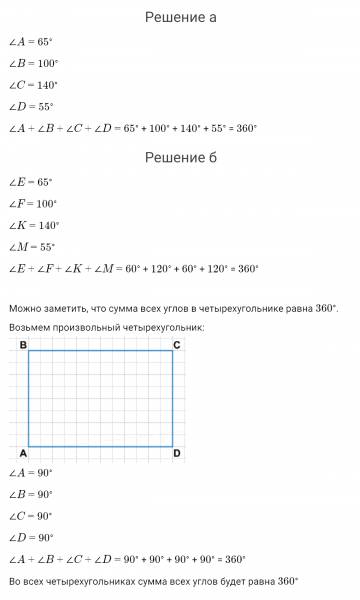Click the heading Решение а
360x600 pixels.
180,17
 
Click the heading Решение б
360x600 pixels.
180,157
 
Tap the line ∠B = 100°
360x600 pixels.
33,62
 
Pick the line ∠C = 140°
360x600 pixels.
33,84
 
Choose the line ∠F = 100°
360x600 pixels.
33,203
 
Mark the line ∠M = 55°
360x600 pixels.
32,247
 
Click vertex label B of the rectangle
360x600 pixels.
22,345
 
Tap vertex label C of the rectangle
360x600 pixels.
177,345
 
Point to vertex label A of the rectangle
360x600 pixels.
22,454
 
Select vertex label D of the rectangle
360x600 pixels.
177,454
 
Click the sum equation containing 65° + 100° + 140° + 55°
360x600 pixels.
132,128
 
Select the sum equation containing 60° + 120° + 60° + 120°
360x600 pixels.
133,268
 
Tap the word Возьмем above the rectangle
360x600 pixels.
32,327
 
